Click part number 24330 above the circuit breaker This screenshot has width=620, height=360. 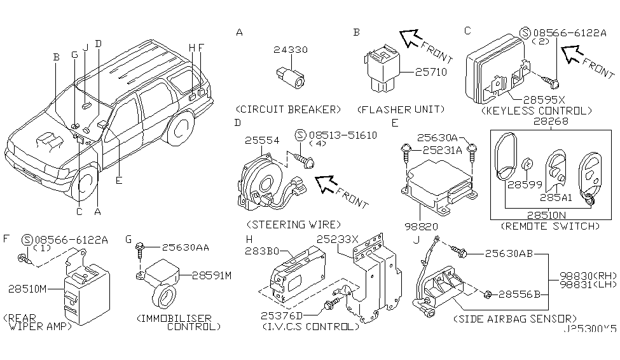(290, 50)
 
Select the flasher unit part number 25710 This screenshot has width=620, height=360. (431, 72)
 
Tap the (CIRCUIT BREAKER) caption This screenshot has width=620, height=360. (288, 109)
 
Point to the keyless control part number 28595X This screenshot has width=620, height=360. (544, 100)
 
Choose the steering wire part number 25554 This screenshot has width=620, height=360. (262, 141)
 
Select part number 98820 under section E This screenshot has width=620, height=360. (421, 226)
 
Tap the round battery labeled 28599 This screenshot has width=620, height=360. (527, 164)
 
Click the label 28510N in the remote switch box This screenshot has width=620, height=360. (546, 215)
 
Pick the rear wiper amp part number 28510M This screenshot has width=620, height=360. (28, 289)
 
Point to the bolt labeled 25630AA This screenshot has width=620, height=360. (139, 249)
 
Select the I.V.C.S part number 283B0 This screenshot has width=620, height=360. (262, 251)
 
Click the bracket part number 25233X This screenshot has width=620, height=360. (337, 239)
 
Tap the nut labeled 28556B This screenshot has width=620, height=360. (488, 294)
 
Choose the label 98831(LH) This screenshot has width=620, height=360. (588, 284)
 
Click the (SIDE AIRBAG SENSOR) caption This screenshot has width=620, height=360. (515, 319)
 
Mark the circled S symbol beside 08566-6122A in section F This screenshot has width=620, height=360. (27, 239)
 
